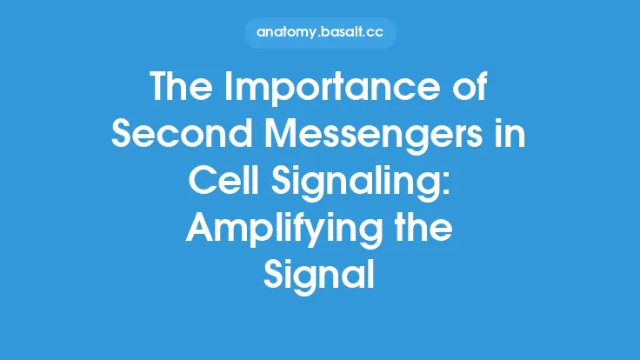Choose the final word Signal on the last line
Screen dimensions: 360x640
[x=320, y=275]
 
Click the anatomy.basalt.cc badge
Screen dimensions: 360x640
[x=320, y=34]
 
